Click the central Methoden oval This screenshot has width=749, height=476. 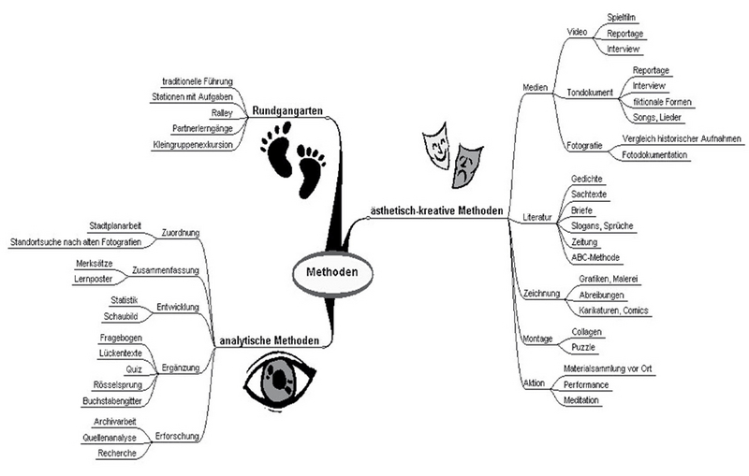click(326, 272)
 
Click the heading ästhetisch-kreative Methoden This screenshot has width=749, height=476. click(432, 209)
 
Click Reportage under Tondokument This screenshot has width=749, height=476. click(652, 70)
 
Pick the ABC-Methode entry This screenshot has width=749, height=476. click(595, 257)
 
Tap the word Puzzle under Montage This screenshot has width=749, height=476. click(584, 347)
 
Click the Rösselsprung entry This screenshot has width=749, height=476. click(118, 384)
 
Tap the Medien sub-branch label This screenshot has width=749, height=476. click(534, 87)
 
